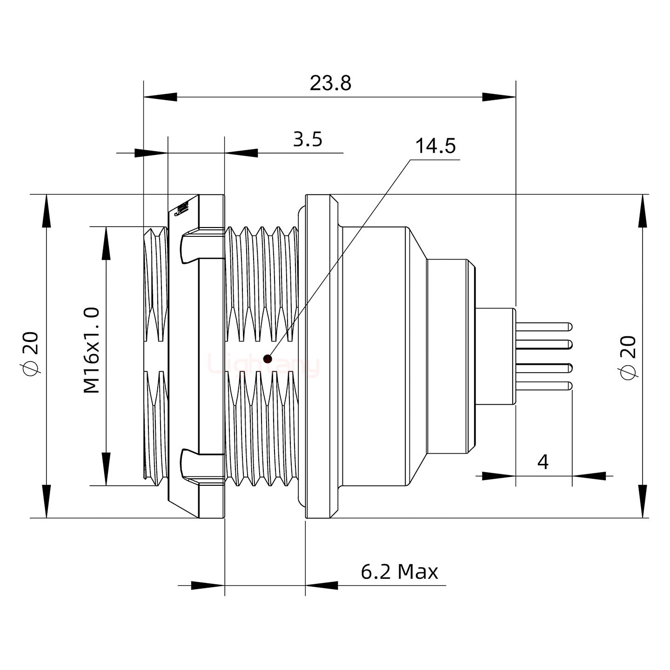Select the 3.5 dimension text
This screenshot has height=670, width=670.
308,139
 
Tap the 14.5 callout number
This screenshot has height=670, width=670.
435,146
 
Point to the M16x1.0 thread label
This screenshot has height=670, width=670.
92,350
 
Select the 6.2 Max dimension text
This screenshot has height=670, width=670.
399,571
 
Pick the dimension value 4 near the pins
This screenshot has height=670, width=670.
543,462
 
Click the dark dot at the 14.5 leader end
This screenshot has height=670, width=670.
267,359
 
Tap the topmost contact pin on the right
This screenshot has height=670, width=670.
544,327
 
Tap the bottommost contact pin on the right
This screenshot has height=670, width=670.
544,386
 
